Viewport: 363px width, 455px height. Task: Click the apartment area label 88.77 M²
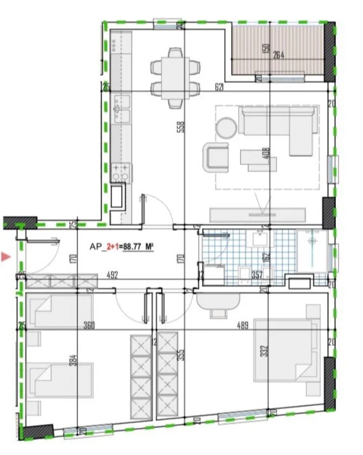(x=138, y=247)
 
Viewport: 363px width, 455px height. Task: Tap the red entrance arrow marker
(x=6, y=258)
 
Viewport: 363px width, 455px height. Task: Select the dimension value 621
(x=220, y=87)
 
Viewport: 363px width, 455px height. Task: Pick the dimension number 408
(x=267, y=152)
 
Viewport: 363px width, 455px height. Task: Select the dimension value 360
(x=88, y=326)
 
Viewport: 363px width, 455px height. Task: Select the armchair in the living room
(x=218, y=156)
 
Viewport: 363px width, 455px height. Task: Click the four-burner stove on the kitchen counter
(x=120, y=172)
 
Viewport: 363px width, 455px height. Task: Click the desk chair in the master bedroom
(x=219, y=313)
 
